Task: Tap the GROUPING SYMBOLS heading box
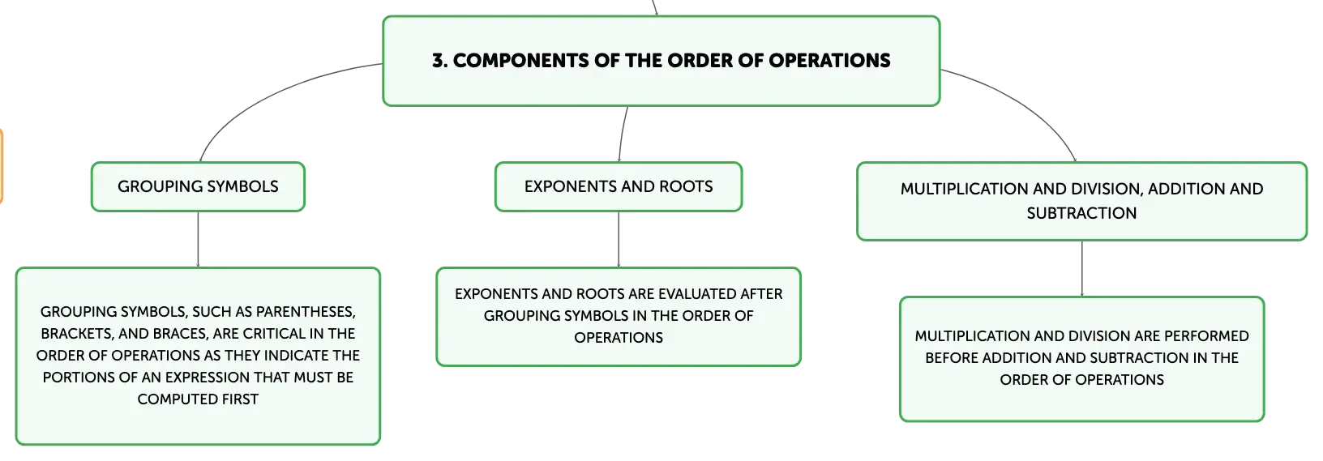point(198,186)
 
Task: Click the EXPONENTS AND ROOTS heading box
point(619,186)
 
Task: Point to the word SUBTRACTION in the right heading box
point(1081,213)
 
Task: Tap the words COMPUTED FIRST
point(198,399)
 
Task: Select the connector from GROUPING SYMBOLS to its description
point(198,239)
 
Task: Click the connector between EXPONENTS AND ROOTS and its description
point(619,239)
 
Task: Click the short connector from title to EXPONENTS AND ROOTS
point(622,134)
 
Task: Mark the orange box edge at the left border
point(2,166)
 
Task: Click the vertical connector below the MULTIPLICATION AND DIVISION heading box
point(1082,268)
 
